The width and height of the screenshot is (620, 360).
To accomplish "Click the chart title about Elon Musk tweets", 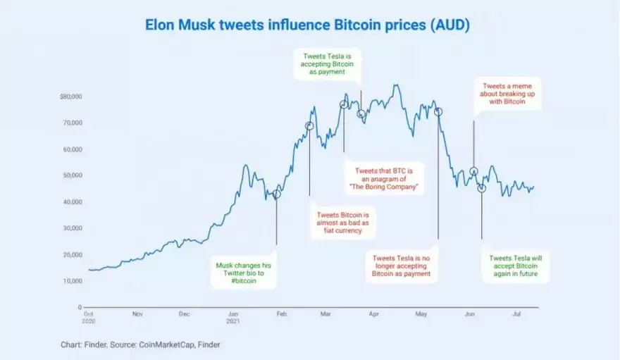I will coord(307,25).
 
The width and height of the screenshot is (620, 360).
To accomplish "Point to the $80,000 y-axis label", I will coord(70,96).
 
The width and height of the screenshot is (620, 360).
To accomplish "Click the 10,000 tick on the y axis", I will coord(72,281).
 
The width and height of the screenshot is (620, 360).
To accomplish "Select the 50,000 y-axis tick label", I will coord(72,175).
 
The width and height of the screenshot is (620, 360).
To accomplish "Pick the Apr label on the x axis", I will coord(374,316).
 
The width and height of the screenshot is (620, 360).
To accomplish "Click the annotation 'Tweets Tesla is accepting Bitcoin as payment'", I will coord(328,63).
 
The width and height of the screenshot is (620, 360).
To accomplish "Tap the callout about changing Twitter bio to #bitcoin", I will coord(243,273).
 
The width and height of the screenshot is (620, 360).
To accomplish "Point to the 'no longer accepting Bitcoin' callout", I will coord(401,266).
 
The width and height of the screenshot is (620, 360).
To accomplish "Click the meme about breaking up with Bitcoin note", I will coord(507,93).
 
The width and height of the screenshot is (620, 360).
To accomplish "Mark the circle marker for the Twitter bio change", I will coord(277,194).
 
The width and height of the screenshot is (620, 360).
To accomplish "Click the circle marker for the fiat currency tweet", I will coord(309,126).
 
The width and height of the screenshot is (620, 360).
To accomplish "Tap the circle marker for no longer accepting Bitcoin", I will coord(438,112).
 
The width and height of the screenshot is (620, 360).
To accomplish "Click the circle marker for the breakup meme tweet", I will coord(474,171).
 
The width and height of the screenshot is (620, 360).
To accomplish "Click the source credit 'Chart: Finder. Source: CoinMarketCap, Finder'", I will coord(144,345).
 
